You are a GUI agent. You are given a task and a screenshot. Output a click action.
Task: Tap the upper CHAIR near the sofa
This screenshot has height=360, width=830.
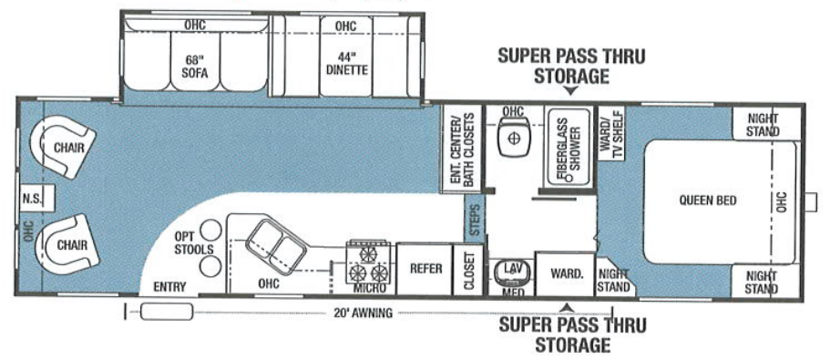(63, 147)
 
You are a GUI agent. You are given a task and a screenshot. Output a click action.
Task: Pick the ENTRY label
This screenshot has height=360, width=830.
(169, 286)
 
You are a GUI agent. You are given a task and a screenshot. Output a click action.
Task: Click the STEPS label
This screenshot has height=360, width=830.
(473, 221)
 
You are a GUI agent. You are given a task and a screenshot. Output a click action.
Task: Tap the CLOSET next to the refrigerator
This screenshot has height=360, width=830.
(470, 271)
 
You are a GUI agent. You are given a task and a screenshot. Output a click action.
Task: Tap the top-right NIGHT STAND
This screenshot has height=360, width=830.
(763, 124)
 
